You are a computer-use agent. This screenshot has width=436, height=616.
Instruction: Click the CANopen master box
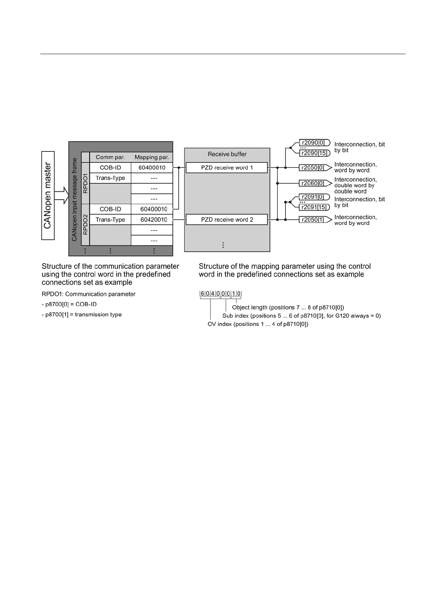(x=48, y=196)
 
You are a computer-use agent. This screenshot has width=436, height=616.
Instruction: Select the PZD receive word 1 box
(x=227, y=168)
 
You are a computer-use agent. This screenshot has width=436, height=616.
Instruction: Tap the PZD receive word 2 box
(x=227, y=219)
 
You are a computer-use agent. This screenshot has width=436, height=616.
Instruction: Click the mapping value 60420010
(x=154, y=219)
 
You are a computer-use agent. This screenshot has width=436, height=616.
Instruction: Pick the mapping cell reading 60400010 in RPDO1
(x=152, y=168)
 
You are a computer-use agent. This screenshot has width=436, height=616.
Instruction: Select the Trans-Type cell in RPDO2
(x=110, y=219)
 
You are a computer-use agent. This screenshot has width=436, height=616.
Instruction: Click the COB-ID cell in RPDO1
(x=110, y=168)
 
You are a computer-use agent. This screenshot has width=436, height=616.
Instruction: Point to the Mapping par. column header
(x=152, y=157)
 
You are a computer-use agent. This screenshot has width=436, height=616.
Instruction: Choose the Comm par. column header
(x=110, y=157)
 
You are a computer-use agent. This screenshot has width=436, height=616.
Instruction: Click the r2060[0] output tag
(x=314, y=183)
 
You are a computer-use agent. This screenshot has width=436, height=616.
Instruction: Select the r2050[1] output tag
(x=314, y=219)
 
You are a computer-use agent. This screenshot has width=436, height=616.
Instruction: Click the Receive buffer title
(x=227, y=154)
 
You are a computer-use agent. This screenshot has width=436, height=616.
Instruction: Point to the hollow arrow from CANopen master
(x=62, y=195)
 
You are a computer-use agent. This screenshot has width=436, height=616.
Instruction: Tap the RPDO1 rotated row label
(x=85, y=183)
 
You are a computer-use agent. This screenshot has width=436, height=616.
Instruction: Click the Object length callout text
(x=288, y=307)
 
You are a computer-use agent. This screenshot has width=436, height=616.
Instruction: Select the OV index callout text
(x=258, y=324)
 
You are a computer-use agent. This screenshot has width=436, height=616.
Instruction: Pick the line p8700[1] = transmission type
(x=82, y=315)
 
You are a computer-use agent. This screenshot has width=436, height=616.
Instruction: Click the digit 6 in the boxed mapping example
(x=202, y=294)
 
